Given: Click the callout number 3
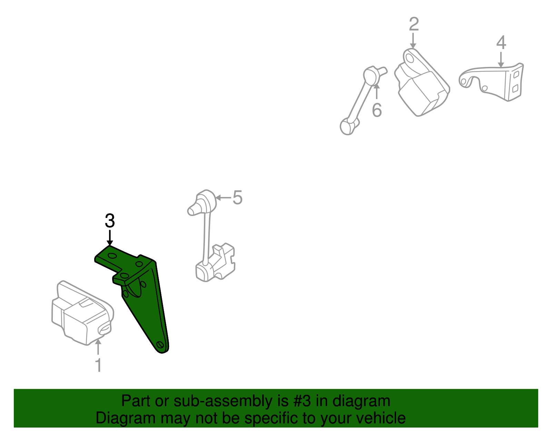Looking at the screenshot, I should pyautogui.click(x=110, y=221).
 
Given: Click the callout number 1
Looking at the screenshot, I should pyautogui.click(x=98, y=365).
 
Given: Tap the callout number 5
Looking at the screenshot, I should pyautogui.click(x=237, y=197).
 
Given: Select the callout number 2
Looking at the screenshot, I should pyautogui.click(x=414, y=25).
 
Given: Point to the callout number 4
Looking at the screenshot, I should pyautogui.click(x=501, y=43).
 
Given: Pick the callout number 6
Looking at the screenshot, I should pyautogui.click(x=377, y=110).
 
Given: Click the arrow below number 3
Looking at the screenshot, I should pyautogui.click(x=110, y=238).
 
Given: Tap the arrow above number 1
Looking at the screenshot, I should pyautogui.click(x=98, y=347).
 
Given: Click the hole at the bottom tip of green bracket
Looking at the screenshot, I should pyautogui.click(x=160, y=344).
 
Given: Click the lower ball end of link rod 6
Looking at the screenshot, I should pyautogui.click(x=347, y=126).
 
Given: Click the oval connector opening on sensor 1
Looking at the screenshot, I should pyautogui.click(x=105, y=329).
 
